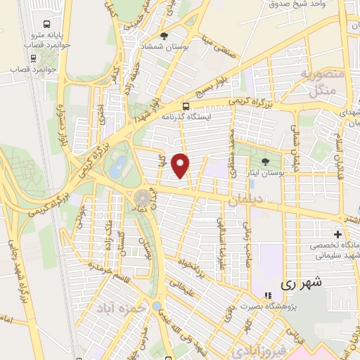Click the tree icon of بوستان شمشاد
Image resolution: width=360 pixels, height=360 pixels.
pyautogui.click(x=165, y=36)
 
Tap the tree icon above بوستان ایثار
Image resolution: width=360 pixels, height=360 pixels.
pyautogui.click(x=264, y=162)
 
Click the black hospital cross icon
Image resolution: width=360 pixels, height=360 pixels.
pyautogui.click(x=339, y=234)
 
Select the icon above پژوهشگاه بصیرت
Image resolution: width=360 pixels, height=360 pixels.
pyautogui.click(x=266, y=295)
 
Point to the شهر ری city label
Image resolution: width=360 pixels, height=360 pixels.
pyautogui.click(x=301, y=284)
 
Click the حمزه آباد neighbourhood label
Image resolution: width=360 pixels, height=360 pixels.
pyautogui.click(x=120, y=308)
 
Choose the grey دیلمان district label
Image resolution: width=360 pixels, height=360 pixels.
pyautogui.click(x=245, y=202)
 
